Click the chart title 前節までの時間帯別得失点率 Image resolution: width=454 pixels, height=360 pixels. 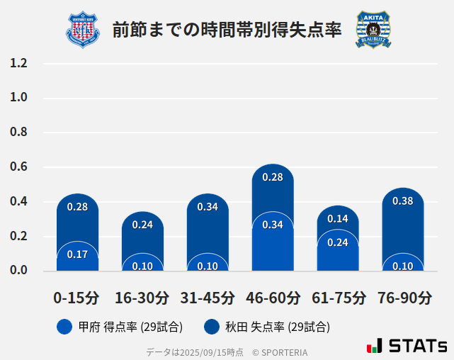click(227, 30)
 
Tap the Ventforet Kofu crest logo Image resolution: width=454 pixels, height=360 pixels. click(83, 30)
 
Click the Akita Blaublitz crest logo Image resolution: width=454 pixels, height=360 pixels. click(373, 30)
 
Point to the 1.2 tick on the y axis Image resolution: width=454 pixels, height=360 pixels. click(18, 63)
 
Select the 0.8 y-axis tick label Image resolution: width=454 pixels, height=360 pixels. click(18, 133)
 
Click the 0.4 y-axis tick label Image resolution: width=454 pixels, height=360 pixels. click(18, 202)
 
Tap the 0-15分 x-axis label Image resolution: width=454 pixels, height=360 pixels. click(77, 298)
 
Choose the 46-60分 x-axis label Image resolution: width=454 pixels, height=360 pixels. click(273, 298)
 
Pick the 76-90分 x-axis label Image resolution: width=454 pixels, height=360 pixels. click(403, 298)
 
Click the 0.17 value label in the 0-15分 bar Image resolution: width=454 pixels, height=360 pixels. click(77, 254)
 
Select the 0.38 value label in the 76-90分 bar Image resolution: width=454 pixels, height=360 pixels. click(403, 201)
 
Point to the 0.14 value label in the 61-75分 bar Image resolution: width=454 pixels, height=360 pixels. click(338, 219)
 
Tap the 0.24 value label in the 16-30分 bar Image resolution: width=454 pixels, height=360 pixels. click(142, 225)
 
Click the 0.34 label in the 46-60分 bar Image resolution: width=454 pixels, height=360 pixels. click(273, 225)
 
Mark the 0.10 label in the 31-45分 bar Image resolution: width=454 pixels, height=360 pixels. click(208, 266)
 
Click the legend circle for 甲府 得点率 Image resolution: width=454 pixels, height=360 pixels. click(64, 327)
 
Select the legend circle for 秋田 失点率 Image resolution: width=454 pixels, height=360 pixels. click(212, 327)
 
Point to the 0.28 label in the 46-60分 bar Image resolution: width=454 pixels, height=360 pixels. click(273, 177)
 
